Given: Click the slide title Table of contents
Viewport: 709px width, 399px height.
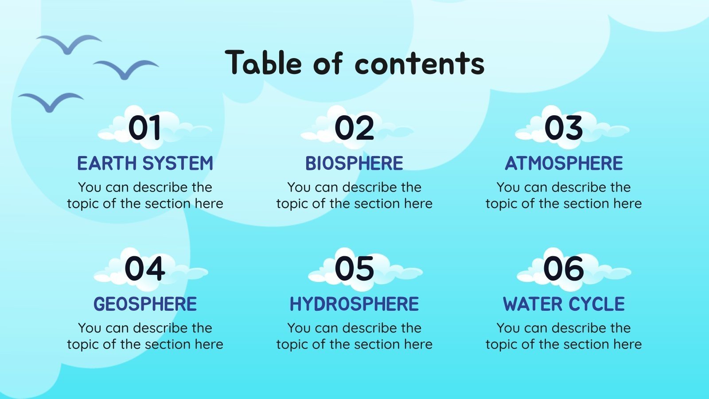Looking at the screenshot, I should [x=354, y=63].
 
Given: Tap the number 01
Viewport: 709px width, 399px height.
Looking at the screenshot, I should [x=144, y=128].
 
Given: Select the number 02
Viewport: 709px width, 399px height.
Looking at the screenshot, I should [x=354, y=128].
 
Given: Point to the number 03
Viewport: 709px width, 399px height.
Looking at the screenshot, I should [x=563, y=128].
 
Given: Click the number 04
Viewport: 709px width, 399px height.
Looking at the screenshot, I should [x=144, y=269].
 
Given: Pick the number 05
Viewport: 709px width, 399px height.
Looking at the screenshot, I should [x=354, y=269].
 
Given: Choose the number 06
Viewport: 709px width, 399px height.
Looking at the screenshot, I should [x=563, y=269].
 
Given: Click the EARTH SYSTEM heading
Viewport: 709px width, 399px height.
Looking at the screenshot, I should [x=145, y=164].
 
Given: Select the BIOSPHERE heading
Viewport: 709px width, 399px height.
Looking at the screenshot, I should [x=354, y=164].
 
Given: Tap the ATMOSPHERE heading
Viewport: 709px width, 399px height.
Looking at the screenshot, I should [x=564, y=164].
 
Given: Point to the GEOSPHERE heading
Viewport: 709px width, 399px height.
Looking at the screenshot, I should [x=145, y=304].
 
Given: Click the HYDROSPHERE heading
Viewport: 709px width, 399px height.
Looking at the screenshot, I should [x=354, y=304].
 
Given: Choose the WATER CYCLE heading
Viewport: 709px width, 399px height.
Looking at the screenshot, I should [x=564, y=304].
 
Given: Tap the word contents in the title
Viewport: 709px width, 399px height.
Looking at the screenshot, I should [x=419, y=63].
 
